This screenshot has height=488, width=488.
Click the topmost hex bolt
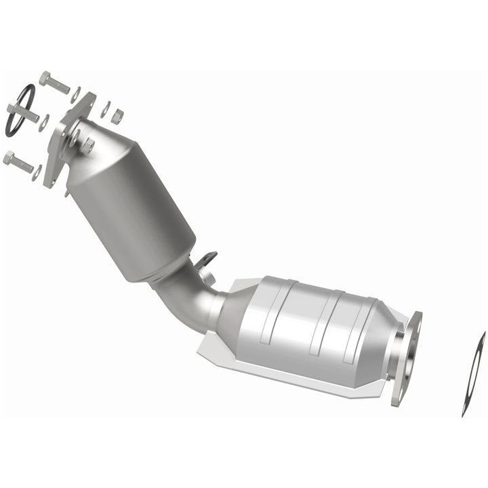(54, 82)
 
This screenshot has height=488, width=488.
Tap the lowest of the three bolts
(18, 161)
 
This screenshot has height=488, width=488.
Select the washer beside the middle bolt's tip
(44, 123)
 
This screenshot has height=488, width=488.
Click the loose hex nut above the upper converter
(117, 116)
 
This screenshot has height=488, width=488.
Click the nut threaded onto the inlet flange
(88, 145)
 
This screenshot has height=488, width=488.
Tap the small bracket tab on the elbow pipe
(206, 262)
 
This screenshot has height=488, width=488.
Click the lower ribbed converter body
(312, 325)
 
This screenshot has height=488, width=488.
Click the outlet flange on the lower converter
(406, 356)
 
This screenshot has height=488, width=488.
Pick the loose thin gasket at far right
(473, 373)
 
